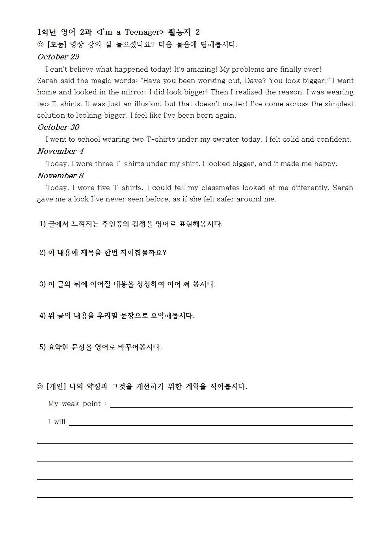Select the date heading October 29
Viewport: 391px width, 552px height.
(58, 57)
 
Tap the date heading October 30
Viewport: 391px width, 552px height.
(58, 127)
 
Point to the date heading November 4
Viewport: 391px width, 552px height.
(60, 151)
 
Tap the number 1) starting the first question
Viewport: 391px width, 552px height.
(43, 224)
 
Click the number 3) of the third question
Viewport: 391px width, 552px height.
(43, 284)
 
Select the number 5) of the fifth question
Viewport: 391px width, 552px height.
(43, 347)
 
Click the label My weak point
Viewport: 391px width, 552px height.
(74, 404)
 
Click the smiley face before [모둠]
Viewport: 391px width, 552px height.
(40, 45)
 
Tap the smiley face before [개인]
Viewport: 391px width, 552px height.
(40, 386)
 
